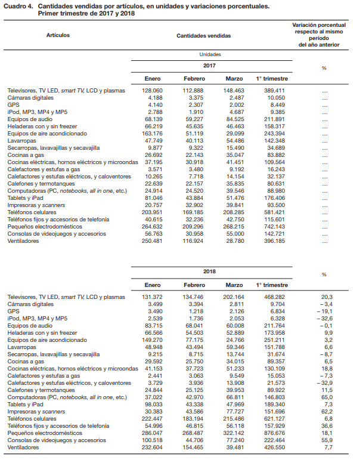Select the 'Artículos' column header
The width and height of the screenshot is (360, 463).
point(58,35)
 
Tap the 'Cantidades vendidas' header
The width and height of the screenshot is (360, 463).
point(203,36)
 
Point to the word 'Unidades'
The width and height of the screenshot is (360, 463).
point(209,54)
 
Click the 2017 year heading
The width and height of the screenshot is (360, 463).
point(209,66)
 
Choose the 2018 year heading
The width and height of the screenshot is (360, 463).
point(209,271)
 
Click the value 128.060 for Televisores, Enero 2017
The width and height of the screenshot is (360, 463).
point(152,90)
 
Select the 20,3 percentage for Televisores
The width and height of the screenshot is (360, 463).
point(327,297)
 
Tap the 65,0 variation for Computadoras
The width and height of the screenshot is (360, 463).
point(327,397)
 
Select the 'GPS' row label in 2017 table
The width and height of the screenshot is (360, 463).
point(13,104)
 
